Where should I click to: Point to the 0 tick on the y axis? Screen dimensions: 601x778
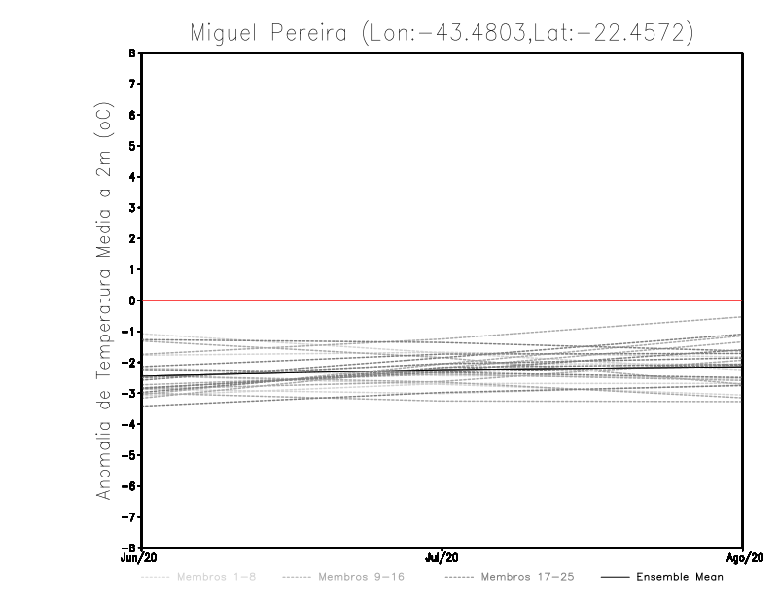click(131, 300)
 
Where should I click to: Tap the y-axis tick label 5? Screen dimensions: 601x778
click(131, 146)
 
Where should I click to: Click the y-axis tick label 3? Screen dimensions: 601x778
click(131, 208)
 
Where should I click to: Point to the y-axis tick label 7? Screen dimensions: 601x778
click(131, 85)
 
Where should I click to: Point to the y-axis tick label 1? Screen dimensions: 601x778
click(131, 269)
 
